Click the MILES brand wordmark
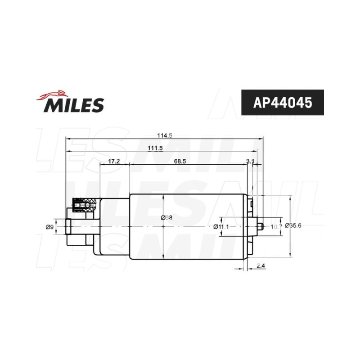pyautogui.click(x=74, y=105)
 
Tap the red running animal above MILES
pyautogui.click(x=52, y=95)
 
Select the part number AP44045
pyautogui.click(x=283, y=103)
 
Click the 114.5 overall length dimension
pyautogui.click(x=165, y=135)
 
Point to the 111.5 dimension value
pyautogui.click(x=155, y=148)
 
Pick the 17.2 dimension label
pyautogui.click(x=114, y=161)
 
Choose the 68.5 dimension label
pyautogui.click(x=180, y=161)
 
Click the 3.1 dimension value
pyautogui.click(x=250, y=161)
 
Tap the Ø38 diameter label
pyautogui.click(x=166, y=217)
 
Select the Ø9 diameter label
pyautogui.click(x=49, y=227)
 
